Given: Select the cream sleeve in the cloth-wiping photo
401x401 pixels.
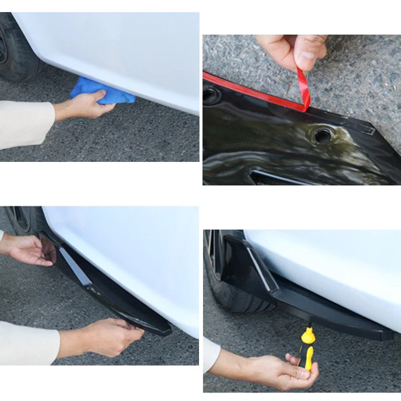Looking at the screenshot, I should tap(25, 123).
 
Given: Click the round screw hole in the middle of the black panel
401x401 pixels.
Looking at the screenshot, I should tap(321, 135).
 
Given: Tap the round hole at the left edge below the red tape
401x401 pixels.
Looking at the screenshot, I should tap(211, 95).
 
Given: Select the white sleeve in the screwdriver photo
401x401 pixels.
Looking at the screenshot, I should tap(211, 353).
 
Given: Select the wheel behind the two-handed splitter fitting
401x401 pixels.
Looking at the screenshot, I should tap(23, 221).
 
